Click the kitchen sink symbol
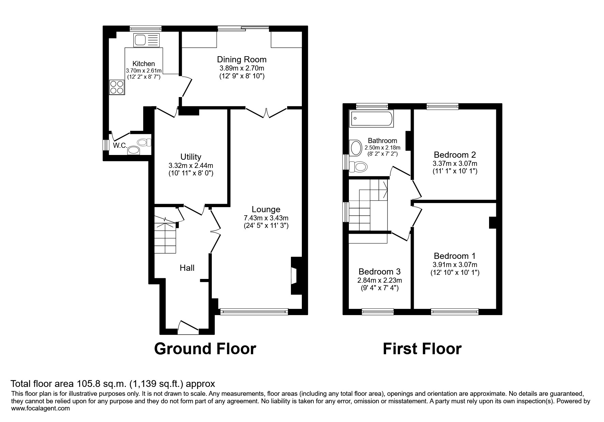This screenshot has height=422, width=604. tap(146, 40)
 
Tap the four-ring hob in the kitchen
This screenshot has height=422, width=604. tap(117, 87)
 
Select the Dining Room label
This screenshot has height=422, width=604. tap(241, 60)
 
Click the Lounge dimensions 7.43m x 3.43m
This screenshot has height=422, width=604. tap(266, 218)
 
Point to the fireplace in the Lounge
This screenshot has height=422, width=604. tap(294, 276)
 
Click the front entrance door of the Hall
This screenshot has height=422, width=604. tap(188, 326)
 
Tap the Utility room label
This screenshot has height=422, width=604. tap(191, 157)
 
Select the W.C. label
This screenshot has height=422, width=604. tap(120, 146)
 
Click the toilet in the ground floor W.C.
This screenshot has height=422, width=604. tap(144, 142)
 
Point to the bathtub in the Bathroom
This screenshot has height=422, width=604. tap(371, 119)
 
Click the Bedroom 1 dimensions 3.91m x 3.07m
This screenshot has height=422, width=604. tap(455, 265)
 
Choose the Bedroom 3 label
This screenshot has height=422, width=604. tap(379, 272)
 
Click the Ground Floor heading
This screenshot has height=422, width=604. tap(205, 349)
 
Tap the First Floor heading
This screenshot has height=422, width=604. tap(422, 349)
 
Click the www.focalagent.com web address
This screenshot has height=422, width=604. tap(41, 408)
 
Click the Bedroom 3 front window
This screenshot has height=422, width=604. tap(378, 311)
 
